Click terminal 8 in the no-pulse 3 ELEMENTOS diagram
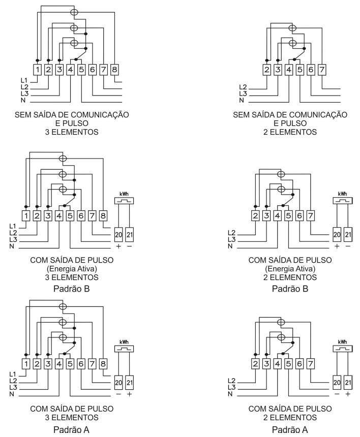point(114,70)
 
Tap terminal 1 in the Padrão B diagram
point(26,216)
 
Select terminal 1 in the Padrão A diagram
point(26,364)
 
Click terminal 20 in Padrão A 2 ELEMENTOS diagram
point(337,382)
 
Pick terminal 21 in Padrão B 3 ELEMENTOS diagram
point(129,235)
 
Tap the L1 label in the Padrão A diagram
point(13,374)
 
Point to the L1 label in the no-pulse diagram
point(24,81)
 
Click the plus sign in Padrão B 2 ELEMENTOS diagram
point(337,246)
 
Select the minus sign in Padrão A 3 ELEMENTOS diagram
point(118,394)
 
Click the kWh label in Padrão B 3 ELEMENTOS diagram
point(124,194)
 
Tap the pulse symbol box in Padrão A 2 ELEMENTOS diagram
point(343,349)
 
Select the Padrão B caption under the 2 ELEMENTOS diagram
point(290,289)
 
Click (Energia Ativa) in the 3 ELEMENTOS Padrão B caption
point(72,269)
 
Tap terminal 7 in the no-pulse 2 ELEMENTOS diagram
point(322,70)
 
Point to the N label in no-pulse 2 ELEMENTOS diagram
point(242,100)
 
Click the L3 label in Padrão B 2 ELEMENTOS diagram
point(231,239)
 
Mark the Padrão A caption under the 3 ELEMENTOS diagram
point(71,429)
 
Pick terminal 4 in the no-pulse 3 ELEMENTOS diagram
point(70,70)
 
